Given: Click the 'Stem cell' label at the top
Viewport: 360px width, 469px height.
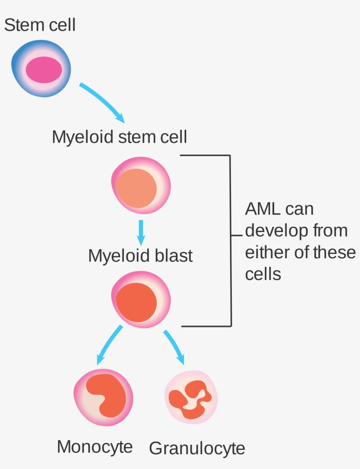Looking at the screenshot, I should click(x=40, y=25).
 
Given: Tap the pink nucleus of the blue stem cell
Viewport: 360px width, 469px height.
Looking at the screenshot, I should click(x=44, y=70).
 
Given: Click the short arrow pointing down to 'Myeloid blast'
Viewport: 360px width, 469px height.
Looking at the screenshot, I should click(x=140, y=232).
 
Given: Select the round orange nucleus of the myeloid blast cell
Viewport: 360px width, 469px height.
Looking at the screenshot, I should click(x=136, y=302).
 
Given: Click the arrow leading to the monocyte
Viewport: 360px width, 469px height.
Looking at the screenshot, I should click(x=108, y=345).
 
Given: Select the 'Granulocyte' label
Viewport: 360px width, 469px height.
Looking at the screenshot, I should click(x=197, y=448).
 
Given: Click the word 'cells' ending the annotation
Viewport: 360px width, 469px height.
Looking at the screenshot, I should click(x=263, y=275).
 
